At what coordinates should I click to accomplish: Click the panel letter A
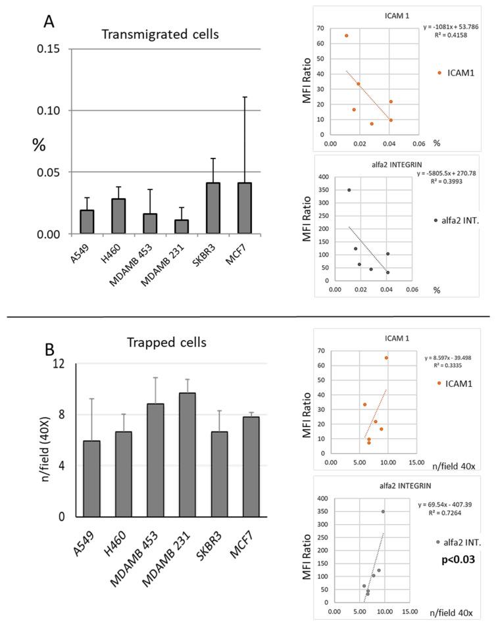pyautogui.click(x=49, y=21)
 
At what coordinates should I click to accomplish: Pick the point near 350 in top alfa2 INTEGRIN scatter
pyautogui.click(x=349, y=190)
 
